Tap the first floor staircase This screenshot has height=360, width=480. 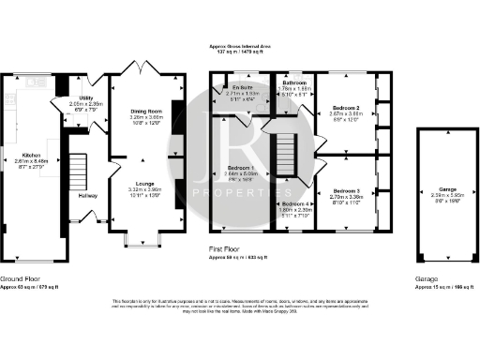click(x=285, y=151)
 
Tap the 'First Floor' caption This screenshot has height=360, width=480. click(x=229, y=248)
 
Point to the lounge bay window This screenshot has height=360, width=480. click(x=145, y=247)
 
